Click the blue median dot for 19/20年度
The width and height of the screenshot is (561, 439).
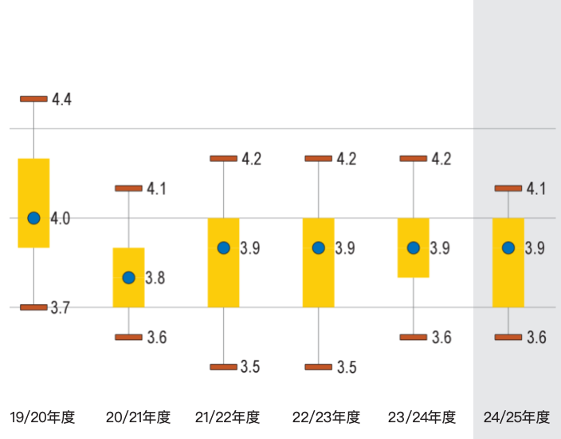click(x=33, y=218)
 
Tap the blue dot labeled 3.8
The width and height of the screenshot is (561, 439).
click(x=128, y=278)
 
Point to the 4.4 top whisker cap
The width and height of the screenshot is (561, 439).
click(x=33, y=99)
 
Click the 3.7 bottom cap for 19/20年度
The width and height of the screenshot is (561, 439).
click(x=33, y=307)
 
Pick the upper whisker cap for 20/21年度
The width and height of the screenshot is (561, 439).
click(x=128, y=188)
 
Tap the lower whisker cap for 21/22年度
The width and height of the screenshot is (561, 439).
click(x=223, y=367)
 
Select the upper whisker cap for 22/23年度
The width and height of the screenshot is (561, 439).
click(x=318, y=159)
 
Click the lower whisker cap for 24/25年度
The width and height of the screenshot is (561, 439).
click(x=508, y=338)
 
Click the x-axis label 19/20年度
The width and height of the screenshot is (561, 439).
click(x=42, y=417)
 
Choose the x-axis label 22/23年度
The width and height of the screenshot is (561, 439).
click(x=326, y=417)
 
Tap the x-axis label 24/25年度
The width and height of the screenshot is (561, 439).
click(x=516, y=417)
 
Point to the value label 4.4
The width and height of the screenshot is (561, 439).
click(x=62, y=100)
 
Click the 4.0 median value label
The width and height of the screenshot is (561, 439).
click(x=61, y=218)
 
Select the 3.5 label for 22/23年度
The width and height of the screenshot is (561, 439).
click(x=347, y=368)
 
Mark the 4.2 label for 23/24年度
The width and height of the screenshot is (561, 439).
click(x=441, y=159)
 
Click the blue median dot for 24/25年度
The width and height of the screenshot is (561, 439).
click(x=508, y=247)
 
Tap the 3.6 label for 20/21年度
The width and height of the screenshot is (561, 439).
click(x=157, y=338)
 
